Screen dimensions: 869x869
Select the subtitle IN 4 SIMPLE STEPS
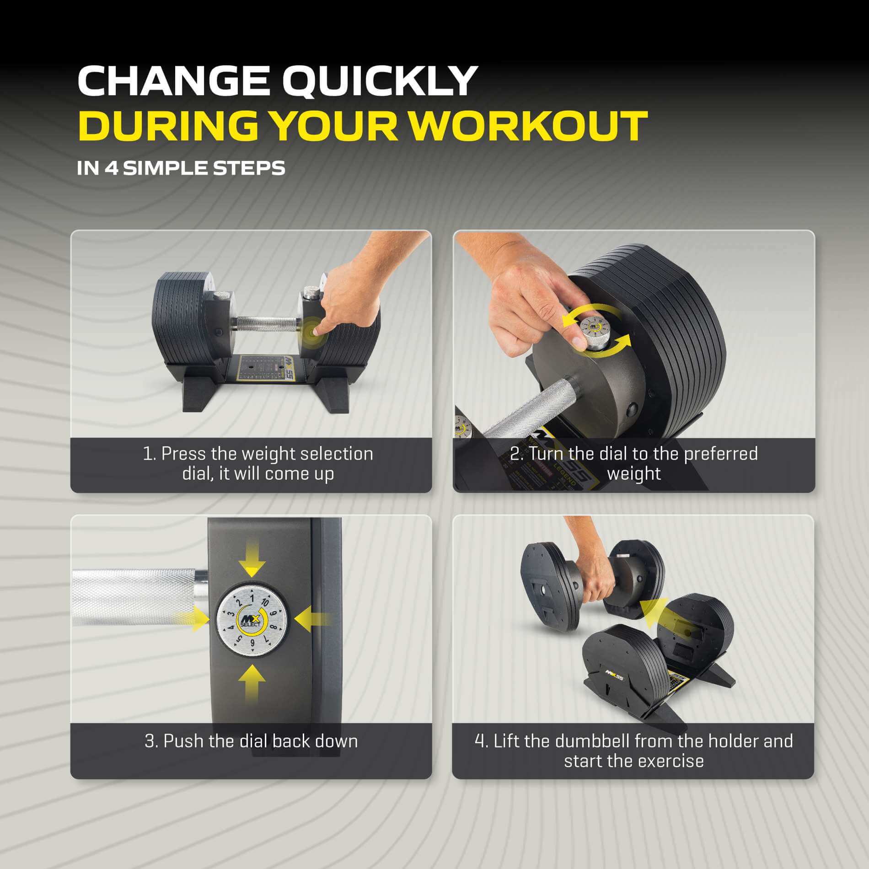point(181,168)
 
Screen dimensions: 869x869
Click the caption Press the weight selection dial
point(258,463)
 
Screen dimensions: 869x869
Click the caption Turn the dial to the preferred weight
point(634,463)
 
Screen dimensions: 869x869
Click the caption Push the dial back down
point(251,740)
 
